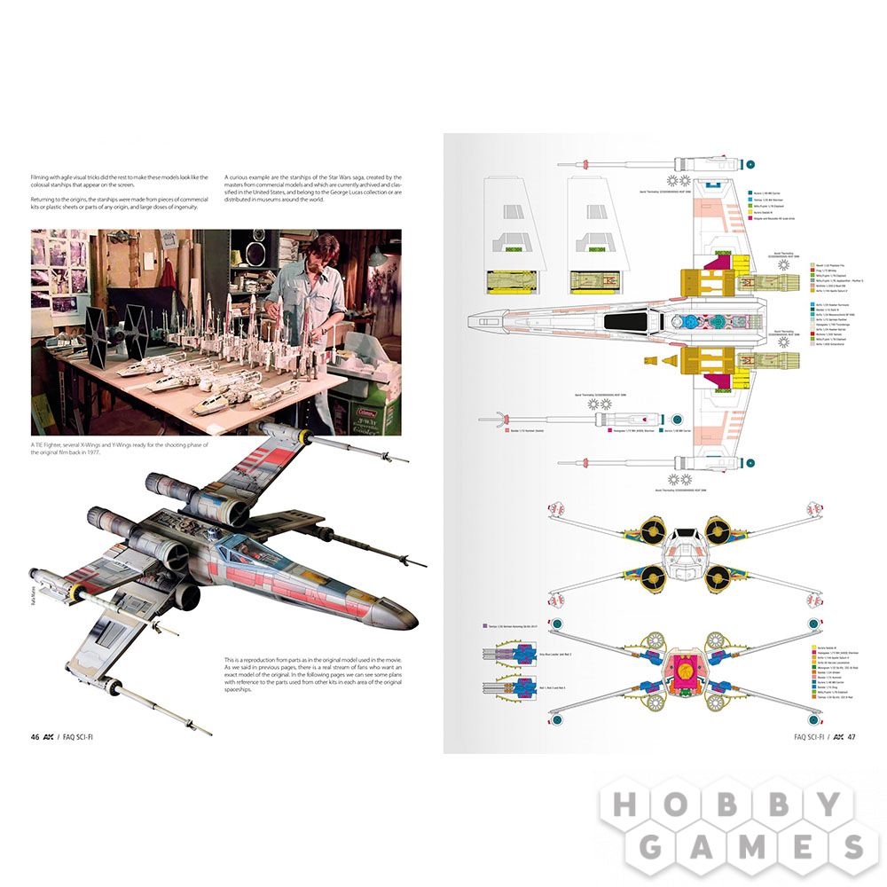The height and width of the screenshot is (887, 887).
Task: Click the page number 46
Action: point(35,736)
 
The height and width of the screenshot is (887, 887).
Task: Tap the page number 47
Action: point(851,736)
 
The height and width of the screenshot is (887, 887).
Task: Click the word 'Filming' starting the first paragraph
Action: point(42,177)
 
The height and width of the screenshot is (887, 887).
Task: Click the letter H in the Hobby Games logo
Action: point(624,805)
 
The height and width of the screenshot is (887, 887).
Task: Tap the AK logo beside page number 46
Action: point(51,736)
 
